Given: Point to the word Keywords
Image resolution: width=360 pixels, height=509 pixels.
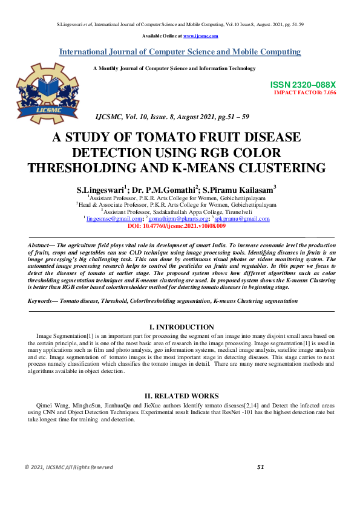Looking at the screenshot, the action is [x=42, y=300].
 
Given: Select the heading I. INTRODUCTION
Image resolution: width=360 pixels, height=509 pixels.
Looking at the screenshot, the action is [x=182, y=326].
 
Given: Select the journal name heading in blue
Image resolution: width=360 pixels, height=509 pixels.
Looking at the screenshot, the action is [x=180, y=52].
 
